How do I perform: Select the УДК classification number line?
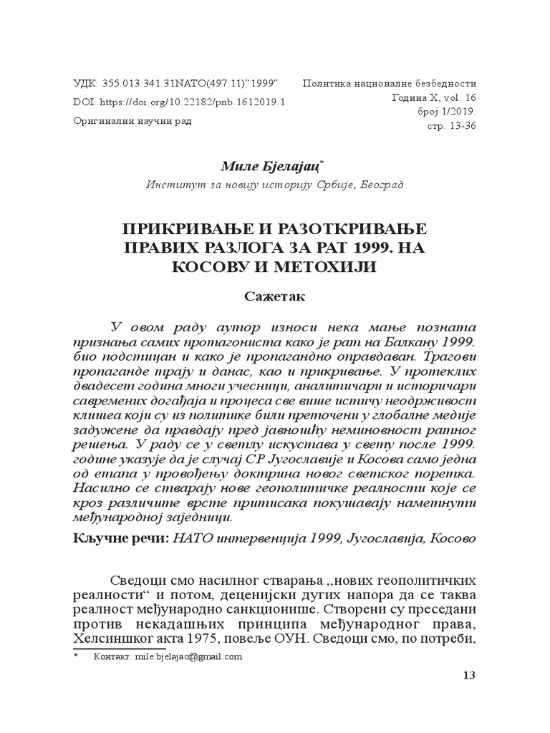176,83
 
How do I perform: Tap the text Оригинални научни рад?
133,121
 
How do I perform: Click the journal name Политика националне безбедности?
390,83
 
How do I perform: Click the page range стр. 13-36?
450,126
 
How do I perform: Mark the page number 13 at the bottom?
470,676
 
